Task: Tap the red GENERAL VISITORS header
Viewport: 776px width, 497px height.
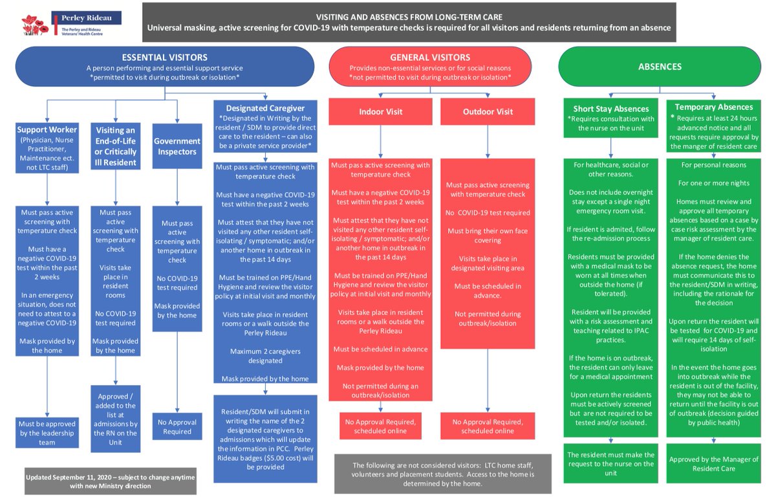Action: [430, 67]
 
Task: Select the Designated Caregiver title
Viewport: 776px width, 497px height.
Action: [266, 107]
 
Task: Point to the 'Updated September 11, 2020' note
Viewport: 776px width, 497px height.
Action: [110, 481]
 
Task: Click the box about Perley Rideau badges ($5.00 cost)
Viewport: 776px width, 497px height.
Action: [266, 439]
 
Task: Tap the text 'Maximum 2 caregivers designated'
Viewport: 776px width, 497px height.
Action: [265, 356]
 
